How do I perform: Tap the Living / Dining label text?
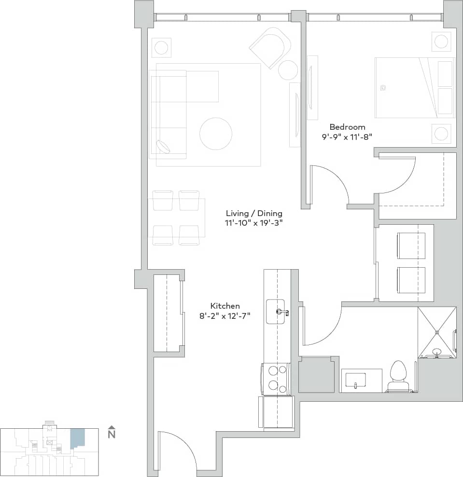pyautogui.click(x=254, y=213)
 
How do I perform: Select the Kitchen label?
pyautogui.click(x=225, y=306)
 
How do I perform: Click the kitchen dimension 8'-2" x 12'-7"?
pyautogui.click(x=225, y=316)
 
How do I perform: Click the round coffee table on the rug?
pyautogui.click(x=216, y=134)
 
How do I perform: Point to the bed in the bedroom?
pyautogui.click(x=414, y=88)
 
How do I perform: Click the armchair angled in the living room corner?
pyautogui.click(x=271, y=47)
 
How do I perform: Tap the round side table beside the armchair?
pyautogui.click(x=288, y=70)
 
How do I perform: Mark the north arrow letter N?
pyautogui.click(x=112, y=434)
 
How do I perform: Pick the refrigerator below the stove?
pyautogui.click(x=277, y=412)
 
